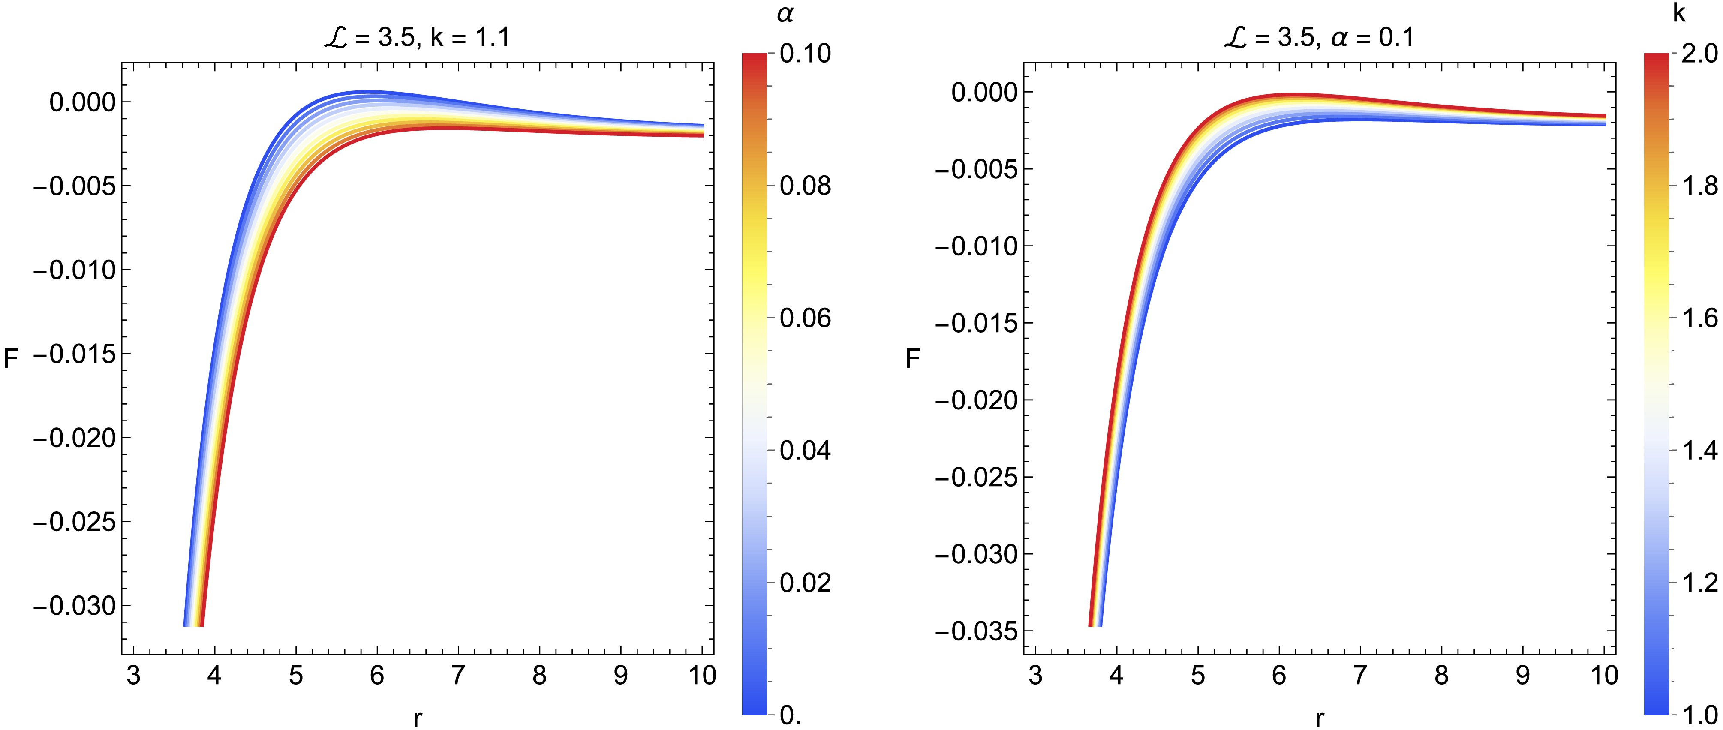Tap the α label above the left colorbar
(785, 15)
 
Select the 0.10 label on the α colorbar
(805, 54)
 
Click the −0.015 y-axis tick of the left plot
(74, 354)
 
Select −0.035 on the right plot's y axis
(975, 631)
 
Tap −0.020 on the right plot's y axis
(975, 400)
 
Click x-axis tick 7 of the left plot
(458, 676)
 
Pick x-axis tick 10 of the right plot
(1604, 676)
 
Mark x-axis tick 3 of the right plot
(1035, 676)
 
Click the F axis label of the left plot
(11, 360)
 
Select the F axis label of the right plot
(912, 360)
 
